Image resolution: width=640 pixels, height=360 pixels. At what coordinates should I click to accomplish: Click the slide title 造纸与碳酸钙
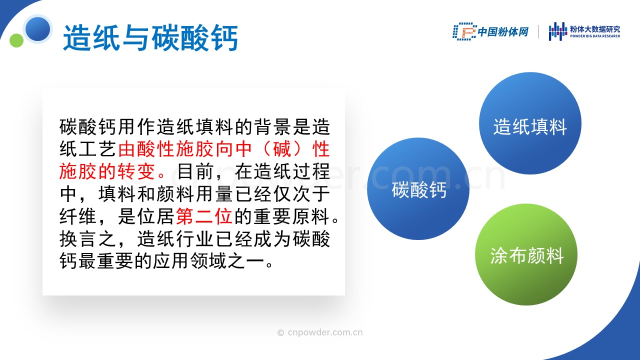tap(150, 38)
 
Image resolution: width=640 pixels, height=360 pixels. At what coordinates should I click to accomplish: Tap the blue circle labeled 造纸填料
tap(530, 123)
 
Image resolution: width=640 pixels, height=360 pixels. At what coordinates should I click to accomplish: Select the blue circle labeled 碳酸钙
tap(418, 189)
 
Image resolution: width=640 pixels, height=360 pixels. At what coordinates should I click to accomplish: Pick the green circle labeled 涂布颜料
tap(526, 254)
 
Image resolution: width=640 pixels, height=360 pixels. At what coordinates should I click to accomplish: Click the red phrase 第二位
tap(204, 216)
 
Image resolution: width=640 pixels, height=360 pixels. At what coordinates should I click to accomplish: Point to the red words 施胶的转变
tap(107, 171)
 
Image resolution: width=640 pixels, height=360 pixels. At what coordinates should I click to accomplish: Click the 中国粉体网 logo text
tap(503, 31)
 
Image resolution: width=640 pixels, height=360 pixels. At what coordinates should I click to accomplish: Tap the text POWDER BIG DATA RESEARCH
tap(595, 36)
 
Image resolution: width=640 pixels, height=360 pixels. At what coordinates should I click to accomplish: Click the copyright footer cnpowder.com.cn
tap(320, 332)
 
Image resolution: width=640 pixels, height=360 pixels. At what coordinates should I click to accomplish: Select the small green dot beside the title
tap(16, 40)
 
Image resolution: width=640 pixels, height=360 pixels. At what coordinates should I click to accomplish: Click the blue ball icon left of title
tap(37, 29)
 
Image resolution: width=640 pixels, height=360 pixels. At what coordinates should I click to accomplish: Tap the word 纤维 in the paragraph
tap(77, 216)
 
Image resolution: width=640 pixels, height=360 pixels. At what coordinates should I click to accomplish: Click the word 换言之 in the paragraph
tap(87, 239)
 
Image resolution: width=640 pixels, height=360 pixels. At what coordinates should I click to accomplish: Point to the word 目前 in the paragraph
tap(195, 171)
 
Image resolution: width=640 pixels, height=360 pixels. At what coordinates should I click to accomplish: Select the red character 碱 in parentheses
tap(281, 149)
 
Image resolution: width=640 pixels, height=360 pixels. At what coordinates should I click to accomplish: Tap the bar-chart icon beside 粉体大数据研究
tap(557, 31)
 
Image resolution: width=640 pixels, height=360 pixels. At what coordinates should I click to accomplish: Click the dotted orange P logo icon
tap(464, 31)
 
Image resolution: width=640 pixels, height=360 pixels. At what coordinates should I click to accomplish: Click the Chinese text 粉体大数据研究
tap(595, 29)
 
